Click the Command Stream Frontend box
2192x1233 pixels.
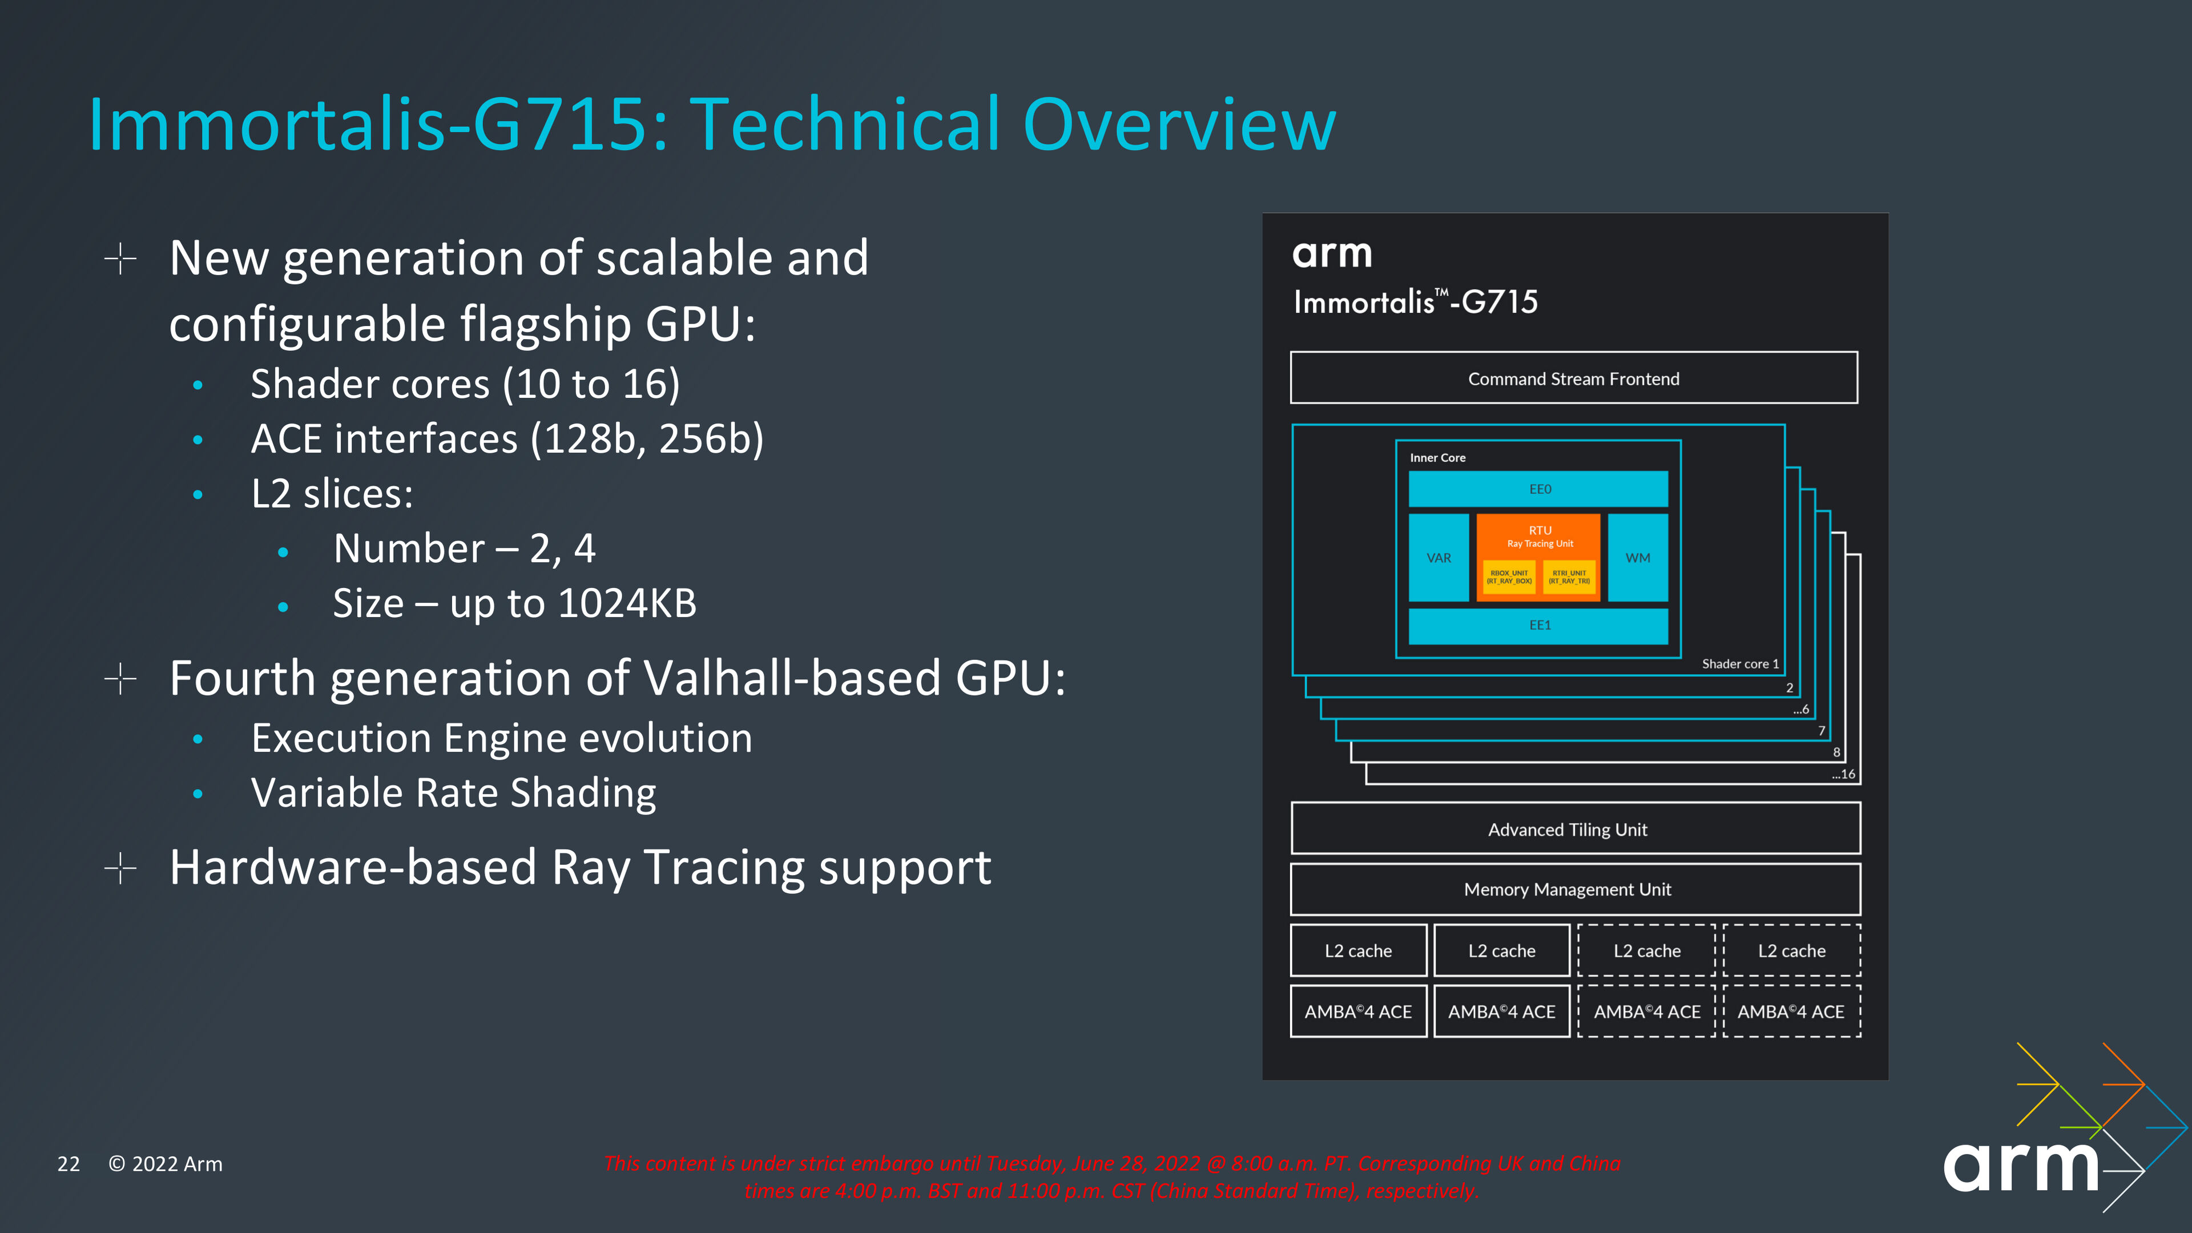click(x=1573, y=378)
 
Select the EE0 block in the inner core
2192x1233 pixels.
click(x=1538, y=489)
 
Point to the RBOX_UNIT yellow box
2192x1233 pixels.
click(x=1509, y=577)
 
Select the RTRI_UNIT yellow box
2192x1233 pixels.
click(x=1569, y=577)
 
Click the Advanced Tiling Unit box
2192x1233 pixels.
click(x=1575, y=829)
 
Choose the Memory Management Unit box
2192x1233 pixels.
click(x=1575, y=889)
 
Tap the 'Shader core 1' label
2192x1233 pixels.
click(x=1740, y=664)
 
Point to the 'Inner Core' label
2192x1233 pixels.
click(x=1437, y=458)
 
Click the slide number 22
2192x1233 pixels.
click(x=68, y=1164)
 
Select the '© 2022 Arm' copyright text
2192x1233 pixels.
click(x=165, y=1164)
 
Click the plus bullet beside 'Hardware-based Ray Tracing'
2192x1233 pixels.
click(x=121, y=868)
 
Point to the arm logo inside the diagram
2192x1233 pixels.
click(x=1332, y=253)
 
